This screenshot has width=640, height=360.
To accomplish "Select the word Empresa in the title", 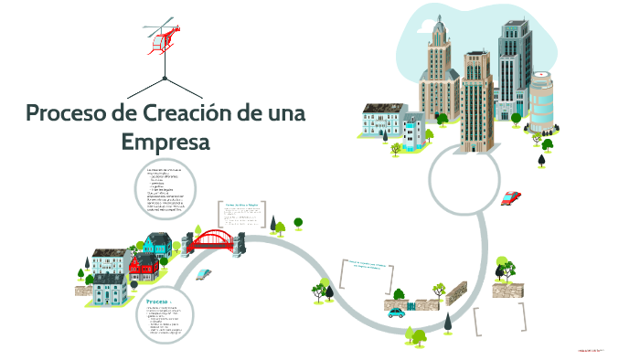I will pyautogui.click(x=165, y=143).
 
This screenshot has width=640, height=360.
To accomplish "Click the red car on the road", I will pyautogui.click(x=511, y=196).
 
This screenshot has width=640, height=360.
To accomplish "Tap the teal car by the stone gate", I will pyautogui.click(x=396, y=312).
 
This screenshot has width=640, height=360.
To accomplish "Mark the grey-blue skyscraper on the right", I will pyautogui.click(x=514, y=64).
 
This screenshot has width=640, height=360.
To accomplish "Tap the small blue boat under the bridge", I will pyautogui.click(x=204, y=273).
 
